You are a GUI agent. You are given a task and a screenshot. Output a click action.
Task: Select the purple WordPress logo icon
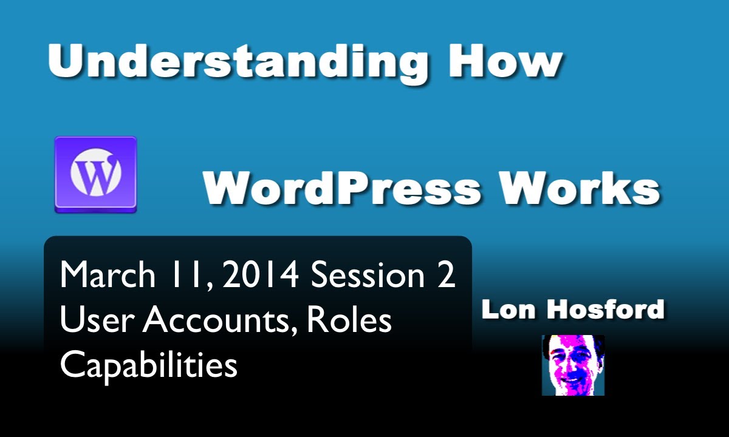tap(95, 174)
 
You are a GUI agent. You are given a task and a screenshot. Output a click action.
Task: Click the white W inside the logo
tap(95, 175)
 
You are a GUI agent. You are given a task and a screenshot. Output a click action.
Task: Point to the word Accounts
tap(216, 320)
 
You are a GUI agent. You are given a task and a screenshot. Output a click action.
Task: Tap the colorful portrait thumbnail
tap(573, 365)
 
